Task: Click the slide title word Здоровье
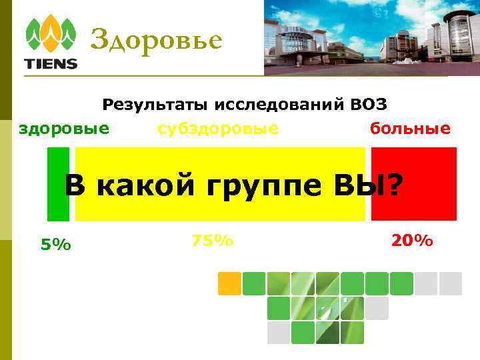point(155,41)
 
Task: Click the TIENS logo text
point(51,65)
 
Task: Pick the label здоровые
point(64,127)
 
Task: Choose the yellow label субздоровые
point(218,127)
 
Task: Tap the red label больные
point(410,127)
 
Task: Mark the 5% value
point(55,245)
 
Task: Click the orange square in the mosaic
point(229,283)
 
